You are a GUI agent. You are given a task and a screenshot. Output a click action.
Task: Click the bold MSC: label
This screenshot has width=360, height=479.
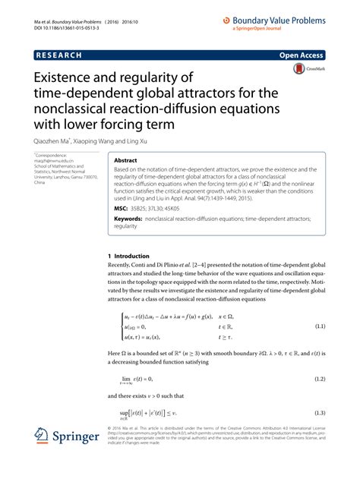click(x=122, y=206)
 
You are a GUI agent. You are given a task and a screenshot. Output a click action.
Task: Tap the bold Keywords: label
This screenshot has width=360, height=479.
click(x=129, y=219)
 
